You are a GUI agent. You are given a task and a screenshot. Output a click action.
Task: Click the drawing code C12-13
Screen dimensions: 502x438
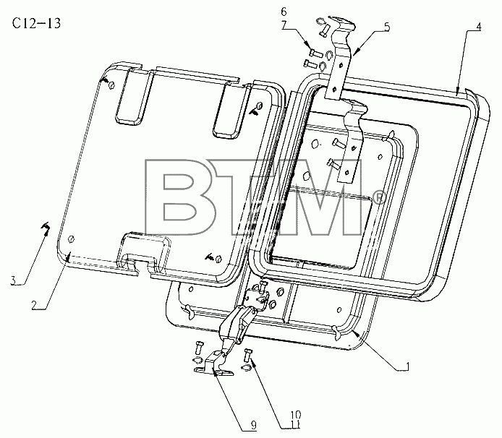[x=36, y=23]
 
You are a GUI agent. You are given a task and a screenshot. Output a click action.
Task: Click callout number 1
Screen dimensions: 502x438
[x=407, y=366]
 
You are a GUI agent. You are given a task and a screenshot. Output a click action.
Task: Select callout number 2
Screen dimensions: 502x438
[x=35, y=305]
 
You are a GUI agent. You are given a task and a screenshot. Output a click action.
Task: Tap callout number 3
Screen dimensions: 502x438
[x=14, y=280]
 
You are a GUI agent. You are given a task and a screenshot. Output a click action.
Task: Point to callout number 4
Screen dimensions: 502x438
[x=478, y=27]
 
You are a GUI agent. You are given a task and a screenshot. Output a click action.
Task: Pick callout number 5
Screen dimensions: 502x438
[x=387, y=27]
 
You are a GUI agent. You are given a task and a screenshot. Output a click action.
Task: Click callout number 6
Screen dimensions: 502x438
[x=284, y=12]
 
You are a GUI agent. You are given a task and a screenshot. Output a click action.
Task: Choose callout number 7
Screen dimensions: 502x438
[x=284, y=25]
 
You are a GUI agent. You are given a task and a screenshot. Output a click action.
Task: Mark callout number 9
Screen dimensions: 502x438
[x=254, y=425]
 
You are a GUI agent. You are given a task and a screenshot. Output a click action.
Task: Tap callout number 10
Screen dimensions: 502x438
[x=296, y=415]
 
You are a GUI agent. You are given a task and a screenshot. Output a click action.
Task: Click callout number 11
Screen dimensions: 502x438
[x=296, y=424]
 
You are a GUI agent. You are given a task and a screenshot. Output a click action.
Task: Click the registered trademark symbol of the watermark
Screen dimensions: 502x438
[x=380, y=198]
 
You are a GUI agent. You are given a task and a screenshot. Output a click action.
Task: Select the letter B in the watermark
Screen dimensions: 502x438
[x=180, y=197]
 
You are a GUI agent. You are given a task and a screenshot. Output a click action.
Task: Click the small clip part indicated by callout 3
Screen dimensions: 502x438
[x=46, y=228]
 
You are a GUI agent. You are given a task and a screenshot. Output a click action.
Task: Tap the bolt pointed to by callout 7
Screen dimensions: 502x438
[x=316, y=52]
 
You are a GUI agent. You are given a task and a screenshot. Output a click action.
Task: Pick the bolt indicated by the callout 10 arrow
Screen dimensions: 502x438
[x=248, y=356]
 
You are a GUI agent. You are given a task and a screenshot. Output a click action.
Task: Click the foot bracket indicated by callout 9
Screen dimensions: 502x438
[x=214, y=365]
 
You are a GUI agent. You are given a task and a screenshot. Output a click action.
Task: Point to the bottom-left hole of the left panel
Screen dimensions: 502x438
[x=72, y=239]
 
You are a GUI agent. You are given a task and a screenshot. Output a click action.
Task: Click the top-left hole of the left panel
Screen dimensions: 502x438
[x=111, y=85]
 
